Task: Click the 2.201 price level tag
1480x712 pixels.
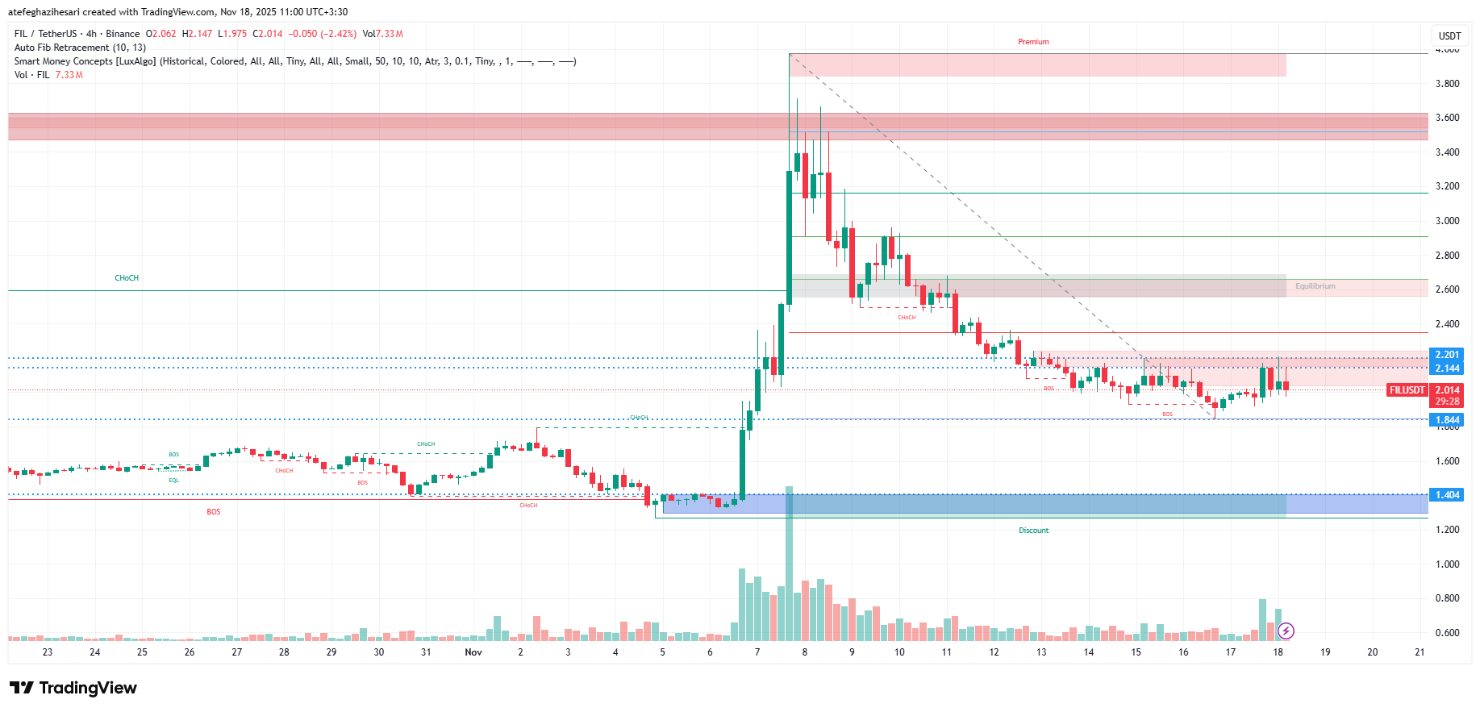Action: click(1447, 355)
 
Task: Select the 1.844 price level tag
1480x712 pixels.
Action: click(1447, 420)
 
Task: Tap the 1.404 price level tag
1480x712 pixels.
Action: click(1447, 495)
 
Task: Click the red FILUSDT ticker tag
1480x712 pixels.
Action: click(1407, 390)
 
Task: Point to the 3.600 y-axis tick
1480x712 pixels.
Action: click(1447, 118)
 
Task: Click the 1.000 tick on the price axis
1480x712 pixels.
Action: click(1447, 564)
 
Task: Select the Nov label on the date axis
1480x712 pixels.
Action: click(473, 652)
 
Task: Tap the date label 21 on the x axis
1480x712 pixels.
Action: click(1420, 652)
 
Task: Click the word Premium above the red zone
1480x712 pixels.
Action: click(1033, 42)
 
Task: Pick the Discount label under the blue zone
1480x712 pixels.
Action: click(1033, 531)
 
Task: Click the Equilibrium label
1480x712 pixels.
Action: click(1315, 286)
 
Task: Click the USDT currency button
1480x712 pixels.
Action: click(1449, 35)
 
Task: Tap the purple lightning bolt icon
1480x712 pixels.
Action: click(1286, 631)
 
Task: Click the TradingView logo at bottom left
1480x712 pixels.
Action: click(73, 688)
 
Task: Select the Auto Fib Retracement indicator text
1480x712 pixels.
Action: click(80, 48)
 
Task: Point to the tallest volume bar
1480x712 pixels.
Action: click(789, 564)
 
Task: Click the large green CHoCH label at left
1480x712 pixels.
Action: click(127, 278)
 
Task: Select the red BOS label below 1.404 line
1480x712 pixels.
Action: click(213, 512)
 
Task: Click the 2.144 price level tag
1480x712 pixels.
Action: click(1447, 368)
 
